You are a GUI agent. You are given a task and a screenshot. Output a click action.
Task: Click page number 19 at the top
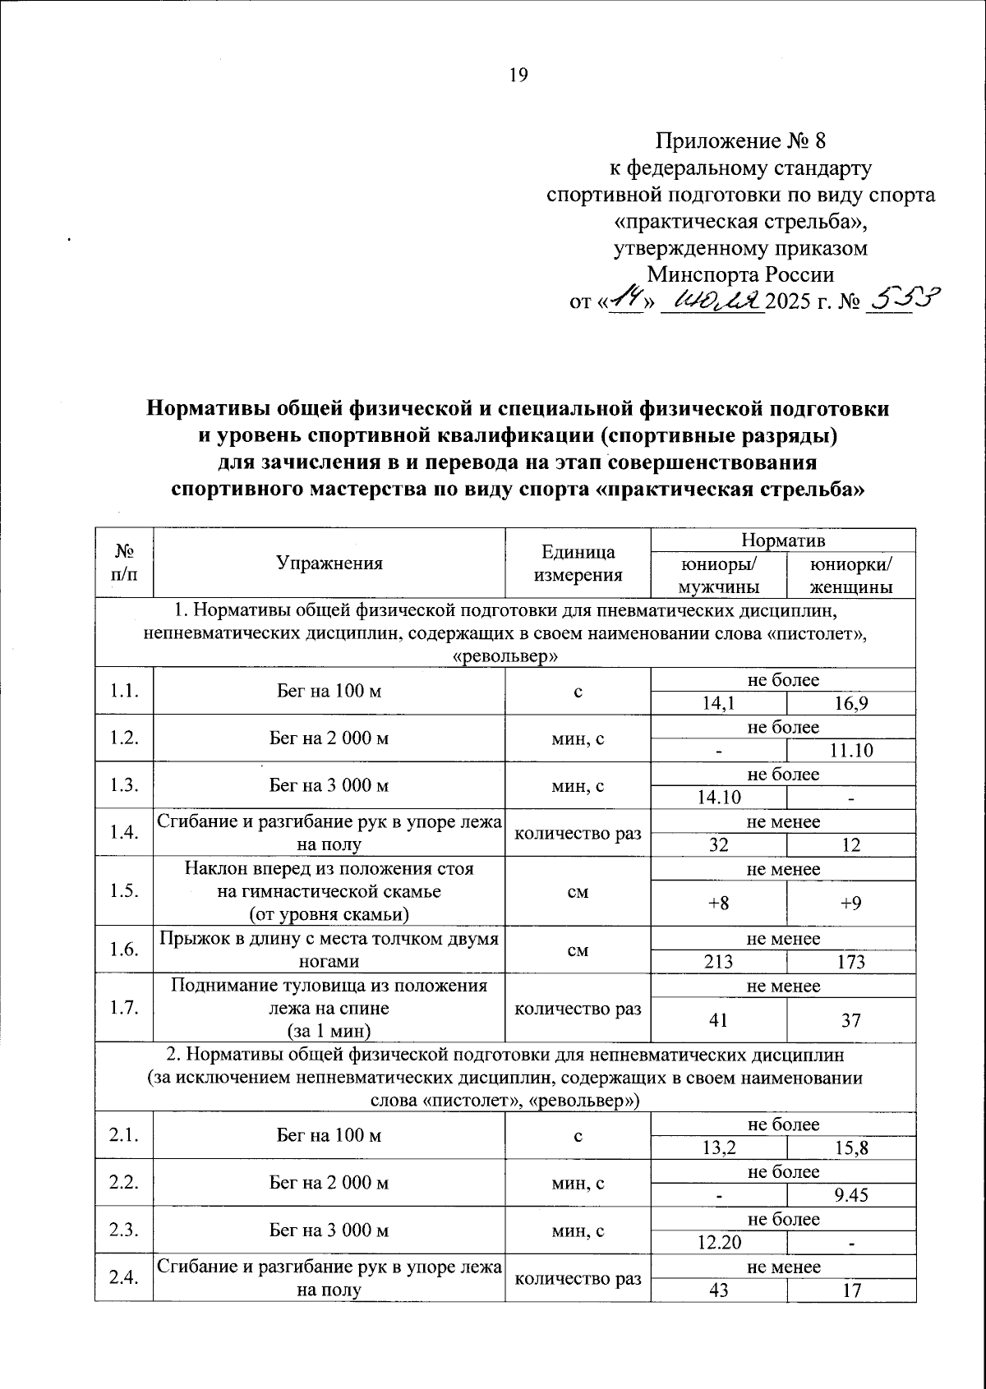pyautogui.click(x=518, y=76)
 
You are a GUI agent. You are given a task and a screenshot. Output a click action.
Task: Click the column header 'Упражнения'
pyautogui.click(x=329, y=563)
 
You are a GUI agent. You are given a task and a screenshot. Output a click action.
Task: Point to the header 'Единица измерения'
pyautogui.click(x=578, y=563)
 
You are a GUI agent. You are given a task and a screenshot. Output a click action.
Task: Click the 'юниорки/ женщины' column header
pyautogui.click(x=850, y=576)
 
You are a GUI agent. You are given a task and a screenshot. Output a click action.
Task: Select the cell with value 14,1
pyautogui.click(x=718, y=703)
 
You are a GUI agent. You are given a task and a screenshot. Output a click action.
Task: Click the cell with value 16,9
pyautogui.click(x=850, y=703)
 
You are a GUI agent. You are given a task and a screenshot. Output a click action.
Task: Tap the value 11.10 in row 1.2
pyautogui.click(x=850, y=751)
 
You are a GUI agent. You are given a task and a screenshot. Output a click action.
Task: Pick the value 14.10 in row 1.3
pyautogui.click(x=718, y=798)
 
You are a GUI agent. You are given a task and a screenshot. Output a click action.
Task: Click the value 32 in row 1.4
pyautogui.click(x=718, y=845)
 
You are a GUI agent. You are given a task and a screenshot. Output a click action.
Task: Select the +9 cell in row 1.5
pyautogui.click(x=850, y=904)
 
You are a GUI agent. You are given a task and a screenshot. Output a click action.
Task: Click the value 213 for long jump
pyautogui.click(x=718, y=962)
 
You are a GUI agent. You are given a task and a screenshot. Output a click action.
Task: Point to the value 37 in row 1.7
pyautogui.click(x=850, y=1020)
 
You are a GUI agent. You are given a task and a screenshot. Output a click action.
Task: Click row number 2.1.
pyautogui.click(x=124, y=1136)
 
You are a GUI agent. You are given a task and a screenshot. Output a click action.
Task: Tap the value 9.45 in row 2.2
pyautogui.click(x=850, y=1195)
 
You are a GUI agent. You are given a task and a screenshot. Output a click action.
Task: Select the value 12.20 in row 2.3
pyautogui.click(x=718, y=1243)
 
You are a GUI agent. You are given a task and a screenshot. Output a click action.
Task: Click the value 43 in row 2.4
pyautogui.click(x=718, y=1290)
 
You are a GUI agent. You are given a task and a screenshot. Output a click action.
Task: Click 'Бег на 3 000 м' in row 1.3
pyautogui.click(x=329, y=786)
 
